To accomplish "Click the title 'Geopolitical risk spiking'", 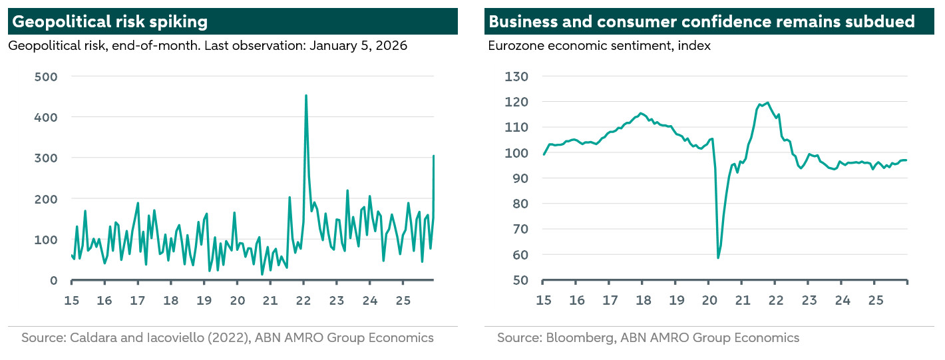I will click(x=110, y=21).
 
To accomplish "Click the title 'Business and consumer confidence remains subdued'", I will click(x=701, y=21).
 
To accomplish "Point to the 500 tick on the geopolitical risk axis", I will click(x=46, y=77).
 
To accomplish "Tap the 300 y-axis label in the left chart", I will click(x=46, y=158).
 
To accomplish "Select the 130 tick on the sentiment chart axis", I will click(x=516, y=77).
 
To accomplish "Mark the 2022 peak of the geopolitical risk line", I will click(x=305, y=96).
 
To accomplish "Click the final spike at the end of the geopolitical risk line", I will click(x=434, y=156).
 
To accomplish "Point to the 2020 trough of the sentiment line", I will click(x=718, y=258).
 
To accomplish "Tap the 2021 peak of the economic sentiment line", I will click(x=768, y=102).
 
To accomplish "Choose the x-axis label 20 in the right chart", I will click(x=709, y=300).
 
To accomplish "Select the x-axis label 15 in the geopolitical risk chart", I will click(x=71, y=300).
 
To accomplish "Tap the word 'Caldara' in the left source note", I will click(x=91, y=338).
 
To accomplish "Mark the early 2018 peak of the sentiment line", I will click(x=641, y=113).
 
